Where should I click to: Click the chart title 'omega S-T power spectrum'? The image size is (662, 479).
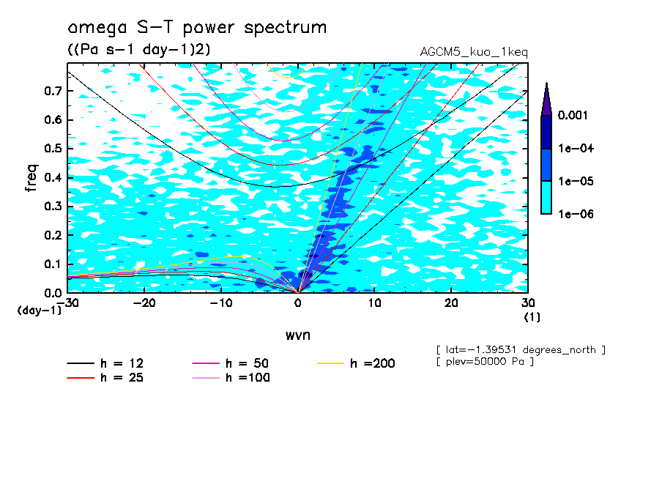(x=197, y=28)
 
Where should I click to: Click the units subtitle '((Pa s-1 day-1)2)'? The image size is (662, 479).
(x=138, y=49)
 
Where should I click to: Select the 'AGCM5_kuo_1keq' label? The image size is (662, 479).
(x=474, y=52)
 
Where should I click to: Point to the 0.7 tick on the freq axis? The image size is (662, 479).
(x=53, y=91)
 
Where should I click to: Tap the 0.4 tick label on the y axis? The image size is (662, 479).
(x=53, y=177)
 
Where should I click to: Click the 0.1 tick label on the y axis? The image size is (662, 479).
(x=53, y=264)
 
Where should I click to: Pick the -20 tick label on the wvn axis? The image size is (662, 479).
(x=144, y=303)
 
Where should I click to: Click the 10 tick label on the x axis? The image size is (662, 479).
(x=374, y=303)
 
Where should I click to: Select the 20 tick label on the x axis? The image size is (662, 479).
(x=451, y=303)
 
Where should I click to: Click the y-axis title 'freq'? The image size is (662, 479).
(x=31, y=178)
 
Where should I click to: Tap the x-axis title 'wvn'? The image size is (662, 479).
(x=298, y=335)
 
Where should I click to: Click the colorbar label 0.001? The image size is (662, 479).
(x=573, y=115)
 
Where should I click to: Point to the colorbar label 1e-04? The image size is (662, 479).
(x=576, y=148)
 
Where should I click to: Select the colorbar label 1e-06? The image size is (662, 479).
(x=576, y=214)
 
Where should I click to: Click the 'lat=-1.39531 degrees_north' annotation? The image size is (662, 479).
(x=521, y=350)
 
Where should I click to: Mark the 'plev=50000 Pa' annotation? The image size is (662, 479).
(x=485, y=362)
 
